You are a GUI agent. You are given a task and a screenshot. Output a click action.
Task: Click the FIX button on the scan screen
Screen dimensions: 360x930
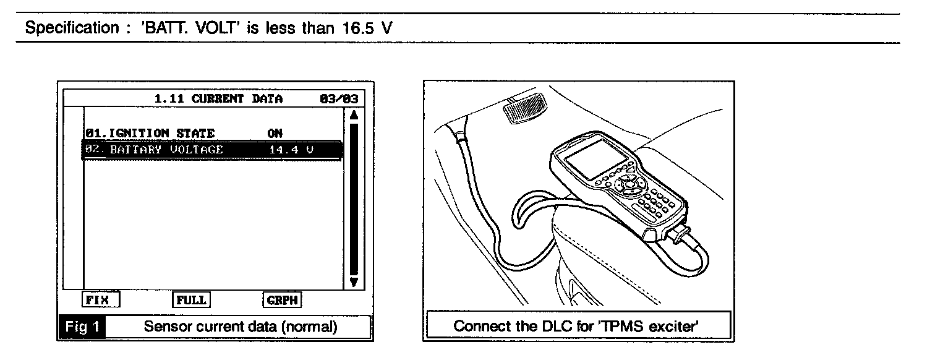[100, 300]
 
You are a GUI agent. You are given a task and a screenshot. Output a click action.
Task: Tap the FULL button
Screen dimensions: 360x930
[190, 300]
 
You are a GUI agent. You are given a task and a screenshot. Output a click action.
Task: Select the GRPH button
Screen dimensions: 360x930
[283, 300]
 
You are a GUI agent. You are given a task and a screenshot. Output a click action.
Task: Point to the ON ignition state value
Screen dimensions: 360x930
[275, 133]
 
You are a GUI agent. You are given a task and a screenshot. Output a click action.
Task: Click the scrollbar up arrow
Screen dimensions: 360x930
[354, 115]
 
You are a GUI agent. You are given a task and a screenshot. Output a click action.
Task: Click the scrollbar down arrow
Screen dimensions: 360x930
[354, 281]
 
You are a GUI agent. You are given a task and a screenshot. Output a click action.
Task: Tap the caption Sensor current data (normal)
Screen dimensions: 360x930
[241, 327]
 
